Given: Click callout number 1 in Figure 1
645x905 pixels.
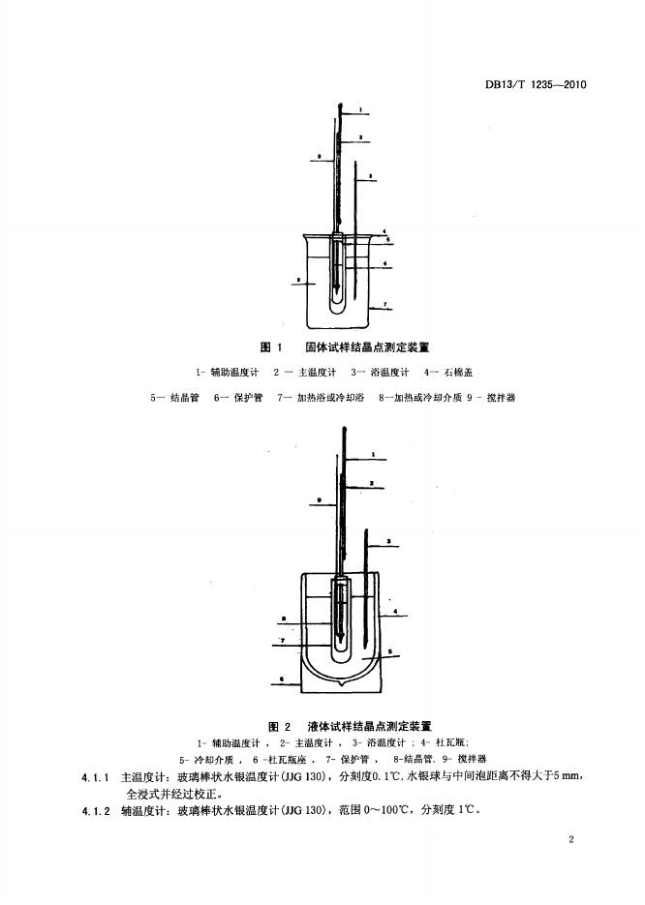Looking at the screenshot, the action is coord(359,109).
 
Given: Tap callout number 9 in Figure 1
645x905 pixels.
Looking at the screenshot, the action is coord(318,155).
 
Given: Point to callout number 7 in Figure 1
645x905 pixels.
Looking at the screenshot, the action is coord(385,306).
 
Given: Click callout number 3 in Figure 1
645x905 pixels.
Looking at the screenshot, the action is coord(372,174).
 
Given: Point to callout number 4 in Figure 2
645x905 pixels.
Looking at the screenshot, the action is coord(397,612).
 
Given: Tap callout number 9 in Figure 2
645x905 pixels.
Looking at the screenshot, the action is coord(318,499).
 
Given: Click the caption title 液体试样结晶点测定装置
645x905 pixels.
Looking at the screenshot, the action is coord(370,724).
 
